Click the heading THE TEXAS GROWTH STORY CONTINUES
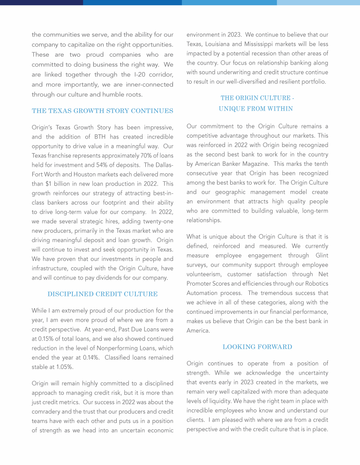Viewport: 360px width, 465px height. tap(102, 111)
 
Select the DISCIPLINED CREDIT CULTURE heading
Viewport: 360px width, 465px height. tap(102, 294)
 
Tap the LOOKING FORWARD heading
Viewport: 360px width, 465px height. tap(257, 347)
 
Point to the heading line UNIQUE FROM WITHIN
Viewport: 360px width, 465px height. tap(257, 109)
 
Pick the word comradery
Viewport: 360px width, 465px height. tap(50, 412)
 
